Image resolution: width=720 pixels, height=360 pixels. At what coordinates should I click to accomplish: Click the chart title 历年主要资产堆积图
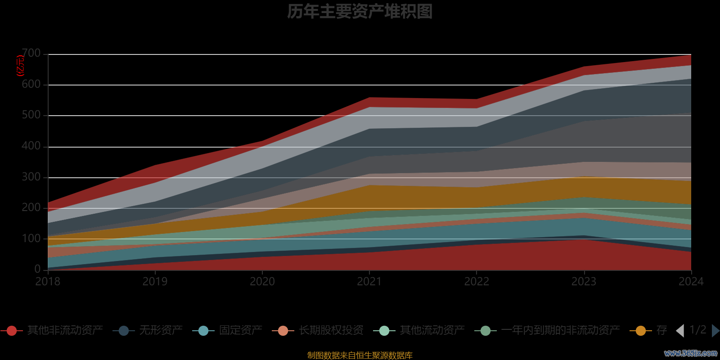(360, 12)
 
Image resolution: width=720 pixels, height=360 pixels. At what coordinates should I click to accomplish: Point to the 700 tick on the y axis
(31, 54)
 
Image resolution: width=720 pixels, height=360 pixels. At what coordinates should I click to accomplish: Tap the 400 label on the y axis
(31, 146)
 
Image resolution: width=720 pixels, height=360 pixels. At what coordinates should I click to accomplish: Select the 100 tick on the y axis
(31, 238)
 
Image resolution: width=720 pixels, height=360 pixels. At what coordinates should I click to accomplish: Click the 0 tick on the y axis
(38, 269)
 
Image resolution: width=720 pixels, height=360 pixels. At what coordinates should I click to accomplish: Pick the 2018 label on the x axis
(48, 282)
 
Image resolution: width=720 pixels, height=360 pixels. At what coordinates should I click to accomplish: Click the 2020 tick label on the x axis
(262, 282)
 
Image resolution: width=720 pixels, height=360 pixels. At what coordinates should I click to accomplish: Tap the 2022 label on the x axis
(477, 282)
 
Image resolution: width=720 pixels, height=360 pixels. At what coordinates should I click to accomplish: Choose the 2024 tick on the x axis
(691, 282)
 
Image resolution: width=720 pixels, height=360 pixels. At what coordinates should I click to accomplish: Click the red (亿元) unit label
(20, 66)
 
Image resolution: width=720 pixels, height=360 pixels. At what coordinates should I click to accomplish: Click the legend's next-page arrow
(715, 331)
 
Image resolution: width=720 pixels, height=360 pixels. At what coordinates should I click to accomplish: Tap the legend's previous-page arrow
(680, 331)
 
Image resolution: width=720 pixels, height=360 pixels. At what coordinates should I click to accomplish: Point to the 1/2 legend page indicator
(697, 330)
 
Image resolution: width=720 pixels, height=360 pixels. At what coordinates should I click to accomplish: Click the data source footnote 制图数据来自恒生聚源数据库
(360, 355)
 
